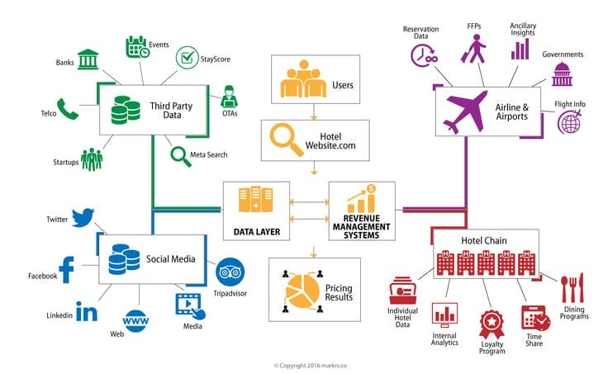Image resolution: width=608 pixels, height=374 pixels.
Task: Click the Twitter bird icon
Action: pyautogui.click(x=83, y=218)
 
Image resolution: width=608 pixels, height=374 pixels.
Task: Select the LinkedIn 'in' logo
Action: pyautogui.click(x=85, y=311)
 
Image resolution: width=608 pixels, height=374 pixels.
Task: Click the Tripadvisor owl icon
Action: pyautogui.click(x=227, y=270)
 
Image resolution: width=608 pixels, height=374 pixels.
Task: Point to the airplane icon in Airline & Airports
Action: pyautogui.click(x=468, y=113)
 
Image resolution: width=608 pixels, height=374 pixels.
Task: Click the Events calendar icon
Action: pyautogui.click(x=136, y=47)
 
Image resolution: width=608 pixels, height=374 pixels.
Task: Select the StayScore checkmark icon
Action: pyautogui.click(x=187, y=57)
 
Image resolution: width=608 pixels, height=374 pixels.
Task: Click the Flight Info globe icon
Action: pyautogui.click(x=570, y=122)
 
